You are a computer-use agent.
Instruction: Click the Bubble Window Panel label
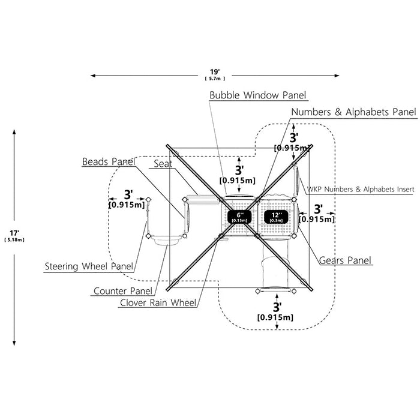[x=257, y=95]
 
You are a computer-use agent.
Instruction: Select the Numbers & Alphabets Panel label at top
[x=353, y=112]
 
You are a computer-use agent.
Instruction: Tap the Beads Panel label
[x=109, y=162]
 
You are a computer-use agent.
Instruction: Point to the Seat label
[x=163, y=164]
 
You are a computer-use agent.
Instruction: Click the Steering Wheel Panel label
[x=89, y=266]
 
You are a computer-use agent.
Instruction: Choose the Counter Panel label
[x=123, y=291]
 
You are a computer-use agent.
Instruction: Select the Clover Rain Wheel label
[x=158, y=302]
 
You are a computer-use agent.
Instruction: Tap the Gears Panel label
[x=345, y=260]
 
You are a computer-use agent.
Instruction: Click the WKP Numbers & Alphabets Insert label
[x=360, y=190]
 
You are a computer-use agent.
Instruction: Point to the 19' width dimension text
[x=215, y=72]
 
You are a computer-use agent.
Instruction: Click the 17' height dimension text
[x=14, y=233]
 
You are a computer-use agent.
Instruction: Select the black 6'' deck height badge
[x=239, y=217]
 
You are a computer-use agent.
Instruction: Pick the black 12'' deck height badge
[x=276, y=217]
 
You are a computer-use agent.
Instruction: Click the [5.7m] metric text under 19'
[x=215, y=79]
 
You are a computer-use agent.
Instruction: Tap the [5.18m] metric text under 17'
[x=14, y=240]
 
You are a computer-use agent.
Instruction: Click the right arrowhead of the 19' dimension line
[x=337, y=76]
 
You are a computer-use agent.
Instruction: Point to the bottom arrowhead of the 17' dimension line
[x=14, y=343]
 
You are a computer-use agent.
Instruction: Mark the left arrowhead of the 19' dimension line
[x=93, y=76]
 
